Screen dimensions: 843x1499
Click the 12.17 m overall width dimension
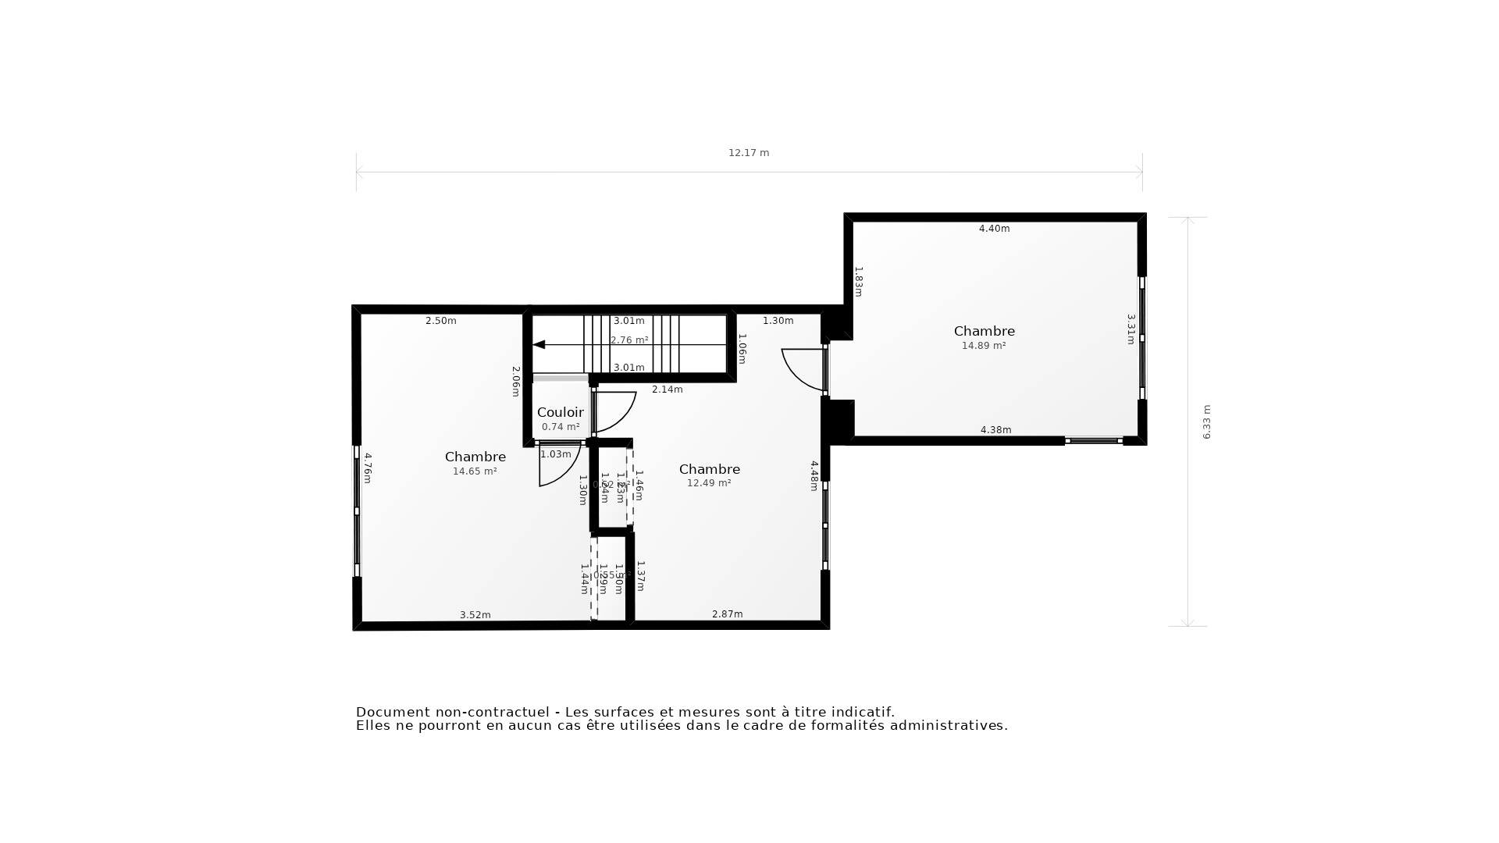click(749, 153)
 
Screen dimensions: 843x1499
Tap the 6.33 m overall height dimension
click(1206, 421)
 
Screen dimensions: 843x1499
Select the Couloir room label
click(560, 412)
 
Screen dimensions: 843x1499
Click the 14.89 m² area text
click(984, 346)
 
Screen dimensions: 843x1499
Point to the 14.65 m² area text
click(475, 471)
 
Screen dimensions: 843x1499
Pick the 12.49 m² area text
click(709, 483)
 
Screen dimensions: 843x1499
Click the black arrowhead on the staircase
click(539, 344)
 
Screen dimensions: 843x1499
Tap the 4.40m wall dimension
click(995, 229)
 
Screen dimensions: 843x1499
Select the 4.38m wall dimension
click(995, 430)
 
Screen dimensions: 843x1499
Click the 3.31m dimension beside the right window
click(1130, 329)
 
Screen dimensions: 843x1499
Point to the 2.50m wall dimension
click(441, 321)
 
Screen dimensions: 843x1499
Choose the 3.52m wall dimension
click(475, 615)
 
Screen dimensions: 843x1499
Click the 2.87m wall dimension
click(728, 614)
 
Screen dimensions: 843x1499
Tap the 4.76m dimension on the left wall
click(368, 468)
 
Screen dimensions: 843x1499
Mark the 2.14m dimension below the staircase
click(668, 389)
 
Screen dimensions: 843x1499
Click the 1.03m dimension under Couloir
click(556, 454)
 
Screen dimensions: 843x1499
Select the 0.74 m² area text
click(561, 427)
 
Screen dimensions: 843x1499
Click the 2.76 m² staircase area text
click(629, 340)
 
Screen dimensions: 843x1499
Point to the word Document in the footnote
click(393, 712)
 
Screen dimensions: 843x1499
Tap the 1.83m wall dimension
click(858, 282)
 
